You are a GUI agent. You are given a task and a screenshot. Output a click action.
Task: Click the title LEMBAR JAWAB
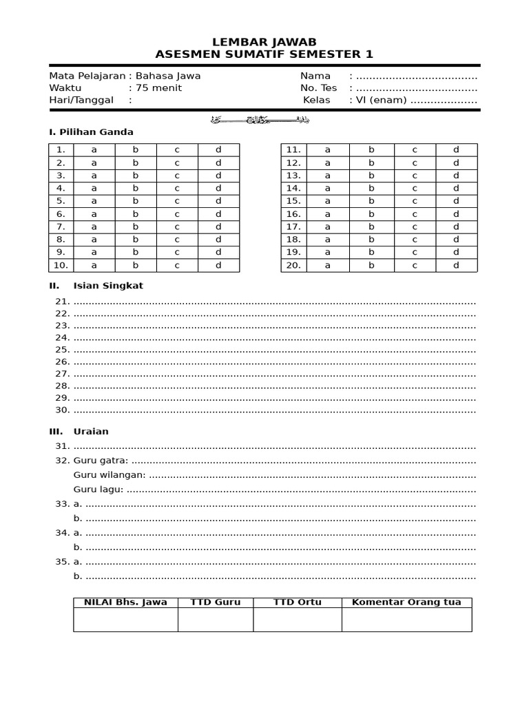point(264,42)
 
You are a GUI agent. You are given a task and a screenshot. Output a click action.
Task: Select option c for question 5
point(177,201)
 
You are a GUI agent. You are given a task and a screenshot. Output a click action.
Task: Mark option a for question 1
point(94,149)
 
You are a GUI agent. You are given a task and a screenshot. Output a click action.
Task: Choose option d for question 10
point(218,265)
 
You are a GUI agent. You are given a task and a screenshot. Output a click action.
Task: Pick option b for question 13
point(371,176)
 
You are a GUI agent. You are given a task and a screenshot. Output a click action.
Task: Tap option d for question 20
point(456,265)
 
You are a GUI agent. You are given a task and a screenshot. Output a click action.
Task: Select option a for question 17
point(328,227)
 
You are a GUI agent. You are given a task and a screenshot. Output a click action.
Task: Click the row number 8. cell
point(61,240)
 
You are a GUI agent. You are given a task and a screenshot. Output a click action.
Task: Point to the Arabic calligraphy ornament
point(264,119)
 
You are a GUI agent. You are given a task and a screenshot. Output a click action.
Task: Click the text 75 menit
point(159,88)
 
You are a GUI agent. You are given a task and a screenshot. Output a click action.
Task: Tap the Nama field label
point(315,76)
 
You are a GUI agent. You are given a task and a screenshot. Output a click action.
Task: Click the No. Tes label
point(318,88)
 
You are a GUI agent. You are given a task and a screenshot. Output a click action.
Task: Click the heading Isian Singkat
point(108,286)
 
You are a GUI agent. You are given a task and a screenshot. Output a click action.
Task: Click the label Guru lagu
point(98,490)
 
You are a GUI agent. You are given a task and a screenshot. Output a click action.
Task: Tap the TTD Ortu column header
point(297,602)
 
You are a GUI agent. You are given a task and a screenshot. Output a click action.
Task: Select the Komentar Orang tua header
point(406,602)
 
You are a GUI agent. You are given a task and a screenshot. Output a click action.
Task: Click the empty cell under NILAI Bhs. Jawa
point(125,620)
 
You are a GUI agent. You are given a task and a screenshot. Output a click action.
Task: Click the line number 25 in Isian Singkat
point(63,350)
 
